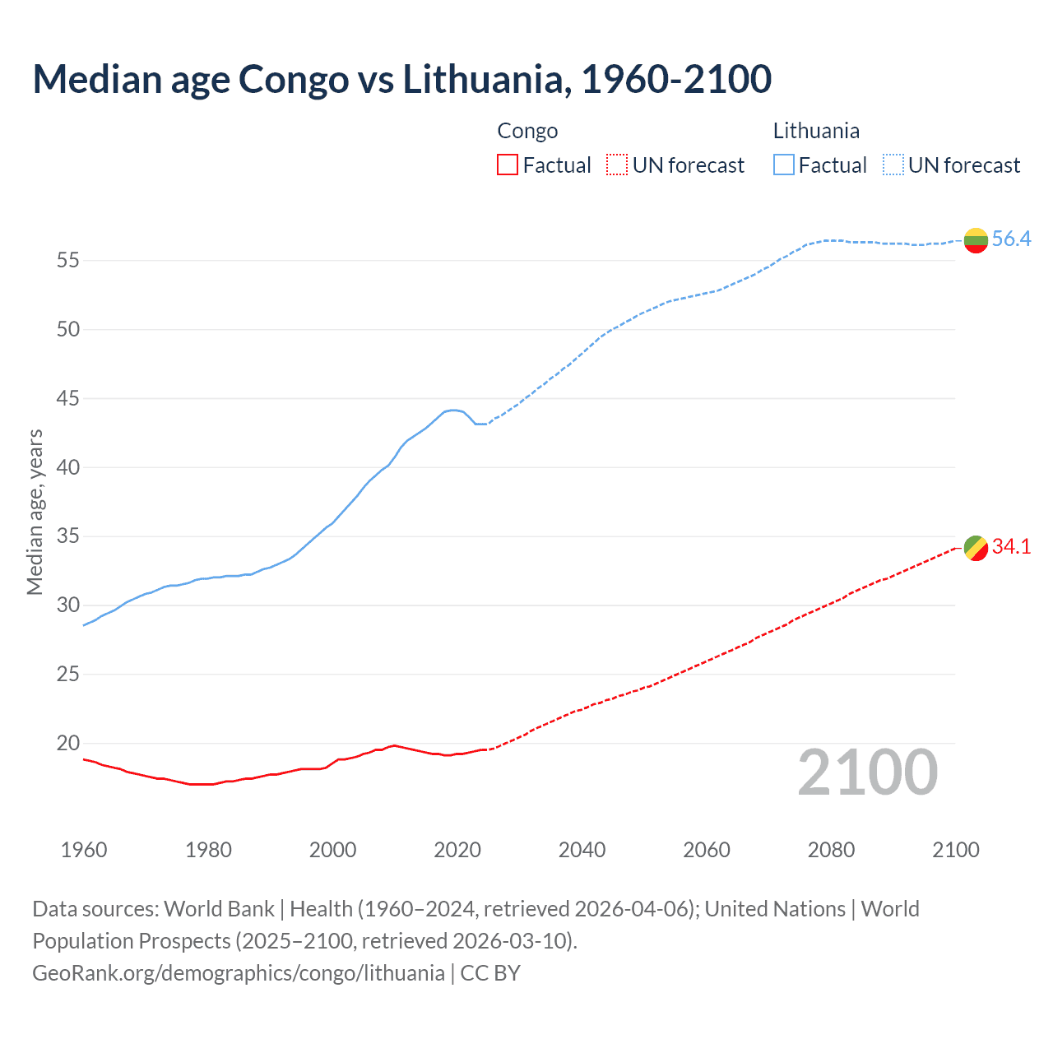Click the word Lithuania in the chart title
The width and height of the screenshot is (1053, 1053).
pos(480,79)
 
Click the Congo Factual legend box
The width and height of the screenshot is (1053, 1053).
pos(508,165)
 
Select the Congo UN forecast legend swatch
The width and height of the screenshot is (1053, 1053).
pos(617,165)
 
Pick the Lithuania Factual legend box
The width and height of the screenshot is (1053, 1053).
pos(783,165)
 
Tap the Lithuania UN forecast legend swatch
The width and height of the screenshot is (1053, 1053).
pos(893,165)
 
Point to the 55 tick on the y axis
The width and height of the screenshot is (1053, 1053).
pos(67,261)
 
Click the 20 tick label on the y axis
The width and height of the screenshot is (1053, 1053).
pos(67,744)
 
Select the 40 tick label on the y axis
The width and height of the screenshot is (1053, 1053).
pos(67,468)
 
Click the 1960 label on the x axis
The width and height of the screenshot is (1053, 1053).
pos(84,850)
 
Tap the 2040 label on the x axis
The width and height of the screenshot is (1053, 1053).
pos(582,850)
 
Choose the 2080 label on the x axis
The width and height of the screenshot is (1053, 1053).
pos(831,850)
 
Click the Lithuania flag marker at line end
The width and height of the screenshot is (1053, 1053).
pos(976,240)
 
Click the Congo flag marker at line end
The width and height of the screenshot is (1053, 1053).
pos(976,547)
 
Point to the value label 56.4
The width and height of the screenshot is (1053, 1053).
pos(1011,239)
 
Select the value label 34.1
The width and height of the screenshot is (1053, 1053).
pos(1011,547)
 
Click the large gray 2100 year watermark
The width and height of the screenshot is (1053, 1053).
pos(868,772)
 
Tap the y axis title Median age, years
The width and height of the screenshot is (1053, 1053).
pos(35,512)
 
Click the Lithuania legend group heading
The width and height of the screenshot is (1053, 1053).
pos(816,131)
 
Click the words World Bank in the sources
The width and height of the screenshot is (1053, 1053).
pos(219,909)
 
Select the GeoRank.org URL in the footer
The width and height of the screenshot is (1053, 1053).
pos(239,973)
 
